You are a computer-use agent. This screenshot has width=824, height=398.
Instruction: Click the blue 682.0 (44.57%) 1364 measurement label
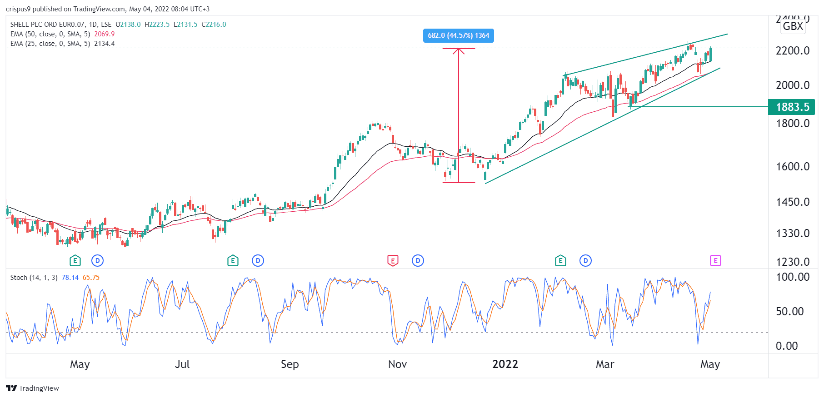[458, 35]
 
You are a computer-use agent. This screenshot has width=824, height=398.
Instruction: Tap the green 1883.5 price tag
[792, 107]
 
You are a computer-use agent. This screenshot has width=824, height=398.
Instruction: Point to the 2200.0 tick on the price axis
[792, 50]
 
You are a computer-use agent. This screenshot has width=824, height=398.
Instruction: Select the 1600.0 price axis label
[792, 166]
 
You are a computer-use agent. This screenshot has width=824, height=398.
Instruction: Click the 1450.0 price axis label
[792, 202]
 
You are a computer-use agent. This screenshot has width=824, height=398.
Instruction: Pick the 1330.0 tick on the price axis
[792, 233]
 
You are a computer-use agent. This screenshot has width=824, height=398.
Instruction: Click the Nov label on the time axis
[397, 364]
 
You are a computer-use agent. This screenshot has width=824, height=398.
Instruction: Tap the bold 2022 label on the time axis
[505, 364]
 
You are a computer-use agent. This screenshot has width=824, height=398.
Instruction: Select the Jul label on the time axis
[182, 364]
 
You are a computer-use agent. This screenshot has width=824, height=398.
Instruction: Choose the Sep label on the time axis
[290, 364]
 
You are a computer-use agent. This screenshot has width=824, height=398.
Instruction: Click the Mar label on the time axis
[604, 364]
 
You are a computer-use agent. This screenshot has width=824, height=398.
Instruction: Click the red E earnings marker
[393, 261]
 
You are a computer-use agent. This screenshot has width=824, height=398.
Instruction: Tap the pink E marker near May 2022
[715, 261]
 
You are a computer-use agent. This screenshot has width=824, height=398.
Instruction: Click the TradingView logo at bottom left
[32, 388]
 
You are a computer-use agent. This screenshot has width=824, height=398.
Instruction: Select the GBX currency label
[793, 26]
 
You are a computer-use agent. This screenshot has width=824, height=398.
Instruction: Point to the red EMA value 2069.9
[104, 34]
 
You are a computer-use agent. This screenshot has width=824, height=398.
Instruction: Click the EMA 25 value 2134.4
[104, 44]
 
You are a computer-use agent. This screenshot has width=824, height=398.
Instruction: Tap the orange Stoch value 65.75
[91, 278]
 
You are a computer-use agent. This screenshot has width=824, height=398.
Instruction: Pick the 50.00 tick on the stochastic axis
[789, 311]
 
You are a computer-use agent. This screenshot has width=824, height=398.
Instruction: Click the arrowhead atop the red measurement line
[459, 50]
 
